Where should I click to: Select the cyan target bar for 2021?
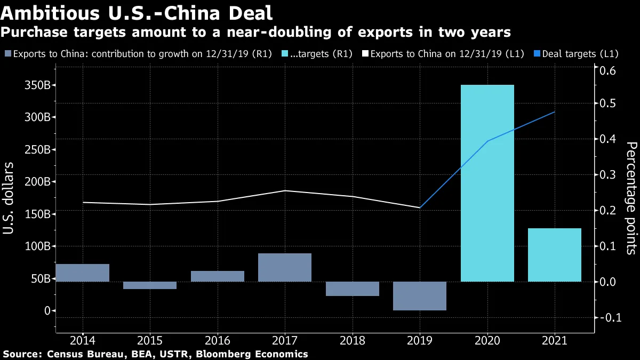pos(554,255)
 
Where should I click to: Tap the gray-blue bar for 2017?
pos(284,267)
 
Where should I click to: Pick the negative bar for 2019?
pos(419,296)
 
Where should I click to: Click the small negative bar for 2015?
pos(149,285)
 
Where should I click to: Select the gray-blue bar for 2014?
pos(82,273)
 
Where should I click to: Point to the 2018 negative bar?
pos(352,289)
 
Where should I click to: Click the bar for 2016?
pos(217,276)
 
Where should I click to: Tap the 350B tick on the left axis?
pos(39,85)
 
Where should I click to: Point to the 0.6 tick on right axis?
pos(609,71)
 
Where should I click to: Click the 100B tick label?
pos(39,246)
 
